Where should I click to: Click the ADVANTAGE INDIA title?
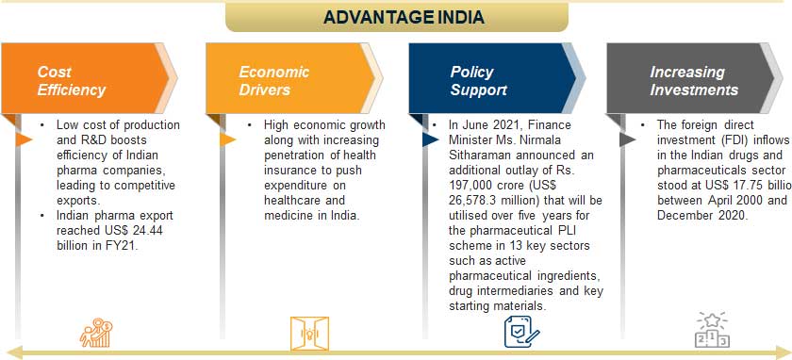[x=404, y=17]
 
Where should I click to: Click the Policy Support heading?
[x=479, y=81]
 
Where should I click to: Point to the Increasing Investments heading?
[x=693, y=81]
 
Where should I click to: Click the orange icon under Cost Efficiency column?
[x=97, y=332]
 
